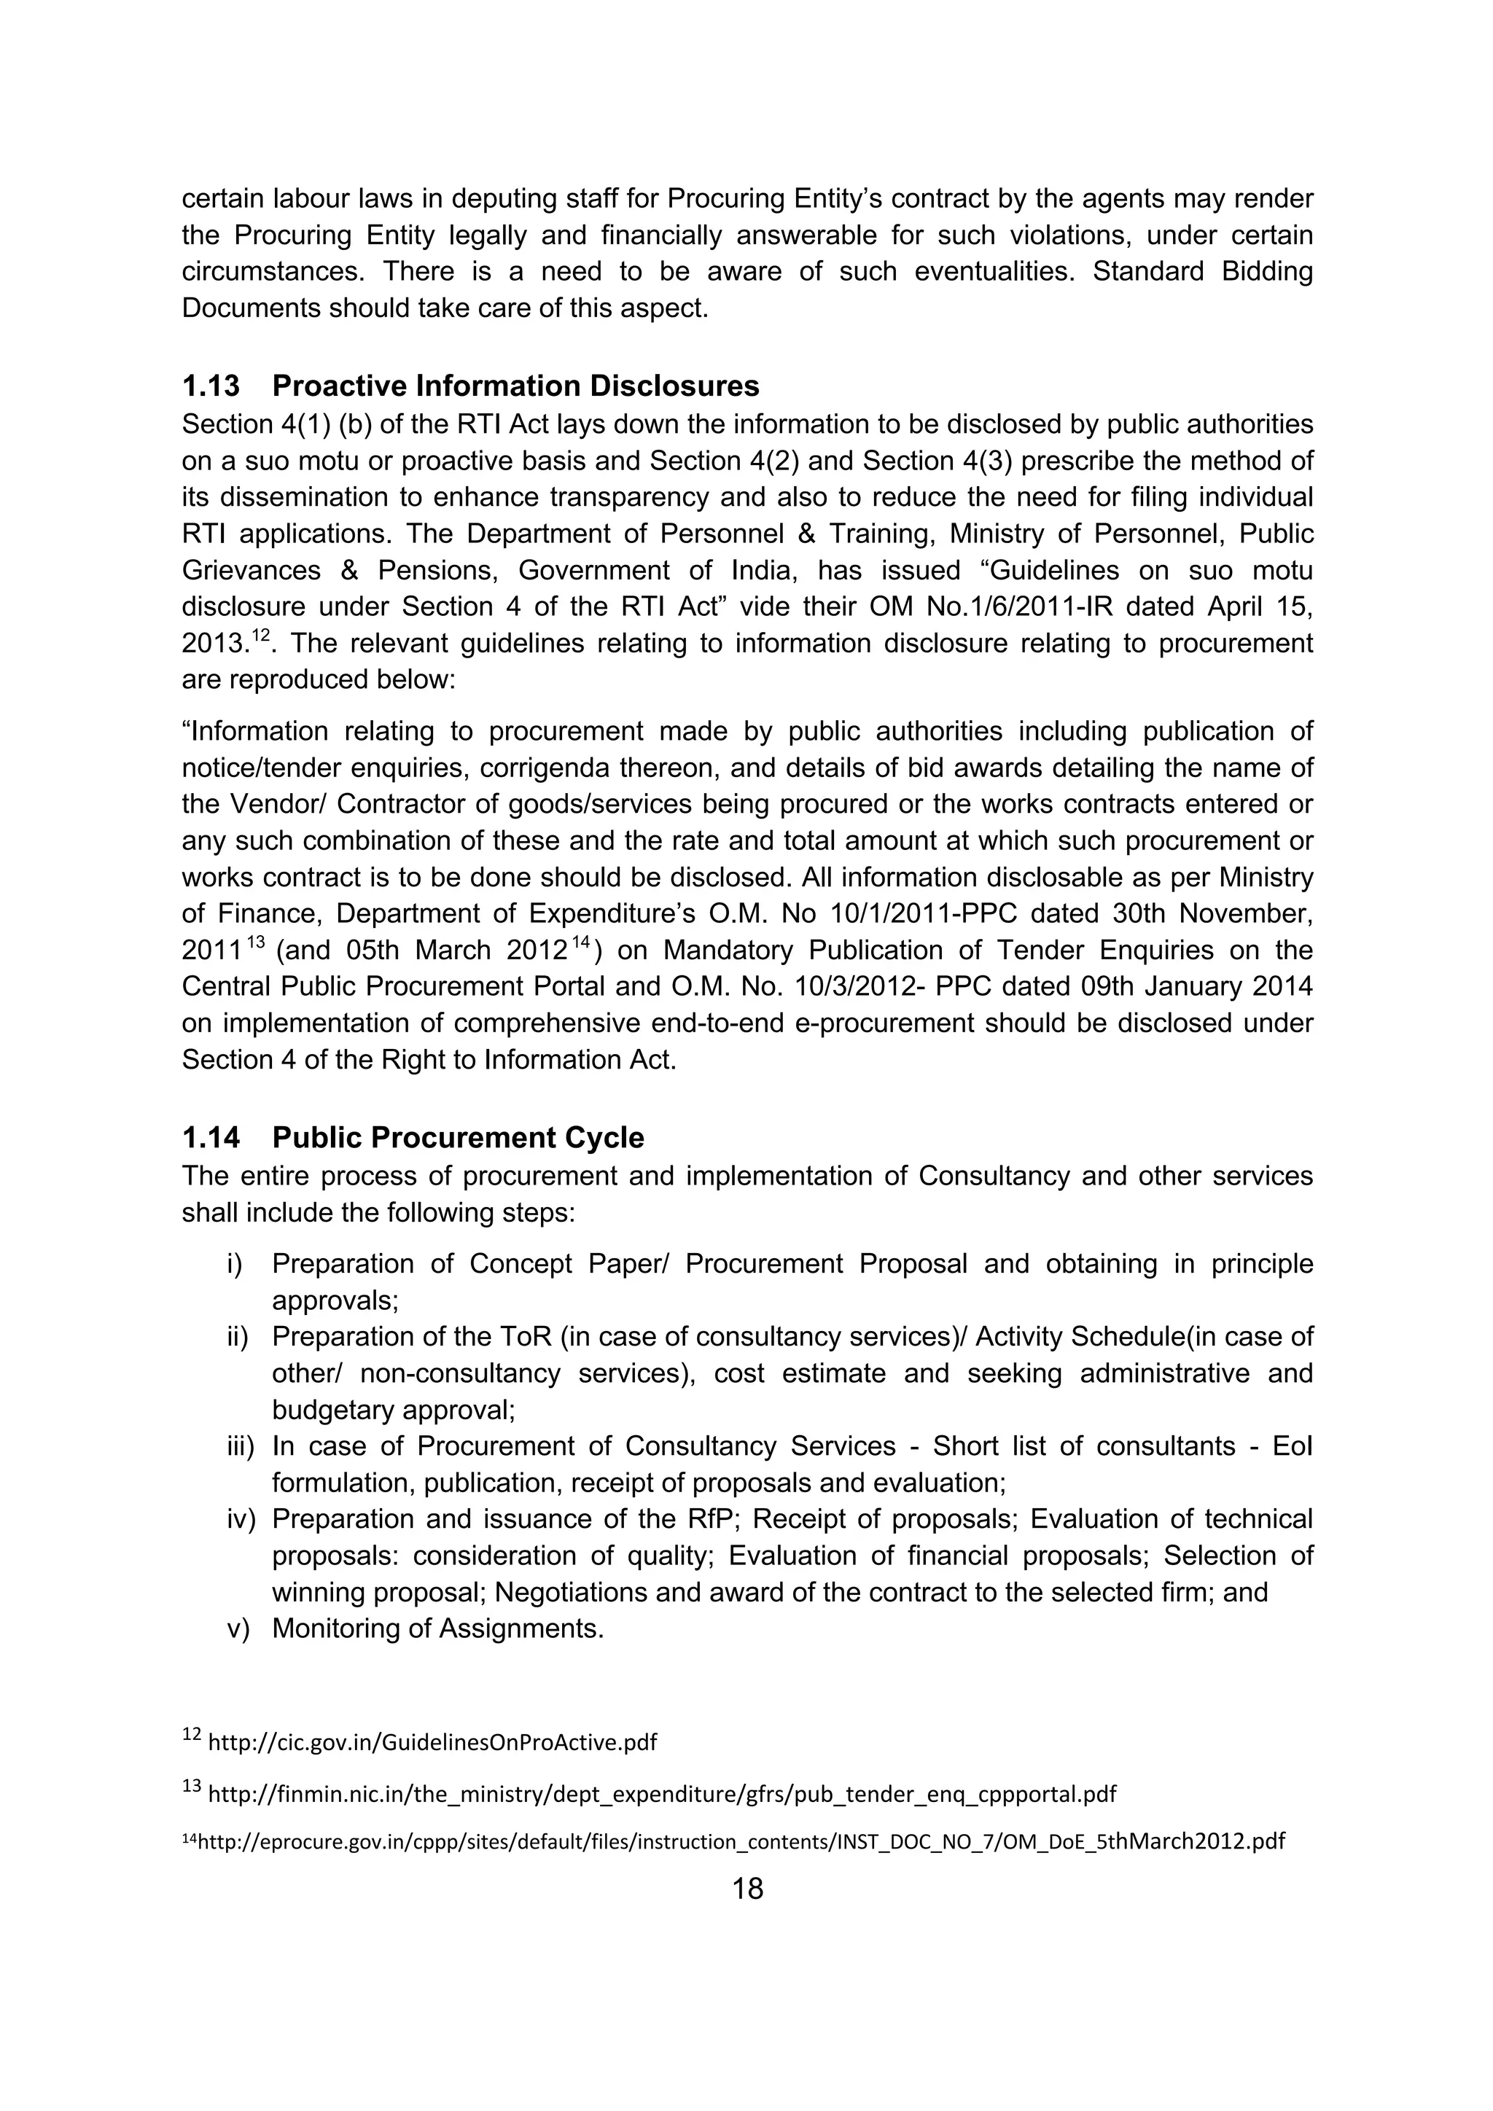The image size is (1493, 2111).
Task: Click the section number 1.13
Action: click(x=211, y=386)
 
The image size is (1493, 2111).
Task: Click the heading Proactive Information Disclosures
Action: click(x=515, y=386)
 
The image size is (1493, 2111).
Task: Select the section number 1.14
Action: click(x=211, y=1139)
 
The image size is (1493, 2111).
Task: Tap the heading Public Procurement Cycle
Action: click(x=458, y=1139)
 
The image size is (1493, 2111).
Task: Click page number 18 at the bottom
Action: click(x=747, y=1889)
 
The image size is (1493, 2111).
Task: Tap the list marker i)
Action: click(x=235, y=1264)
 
